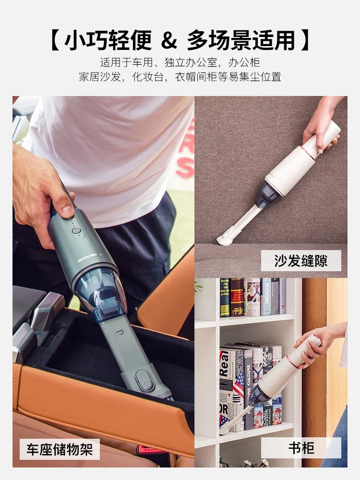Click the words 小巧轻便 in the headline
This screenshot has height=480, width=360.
pos(108,40)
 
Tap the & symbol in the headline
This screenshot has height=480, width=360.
pos(168,40)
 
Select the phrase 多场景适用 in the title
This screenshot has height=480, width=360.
pos(241,40)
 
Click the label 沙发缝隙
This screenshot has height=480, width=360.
pos(301,261)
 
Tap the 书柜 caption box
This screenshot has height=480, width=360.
pos(301,448)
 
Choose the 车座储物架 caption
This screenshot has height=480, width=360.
pos(60,449)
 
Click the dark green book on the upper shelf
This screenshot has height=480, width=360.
pos(225,298)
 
